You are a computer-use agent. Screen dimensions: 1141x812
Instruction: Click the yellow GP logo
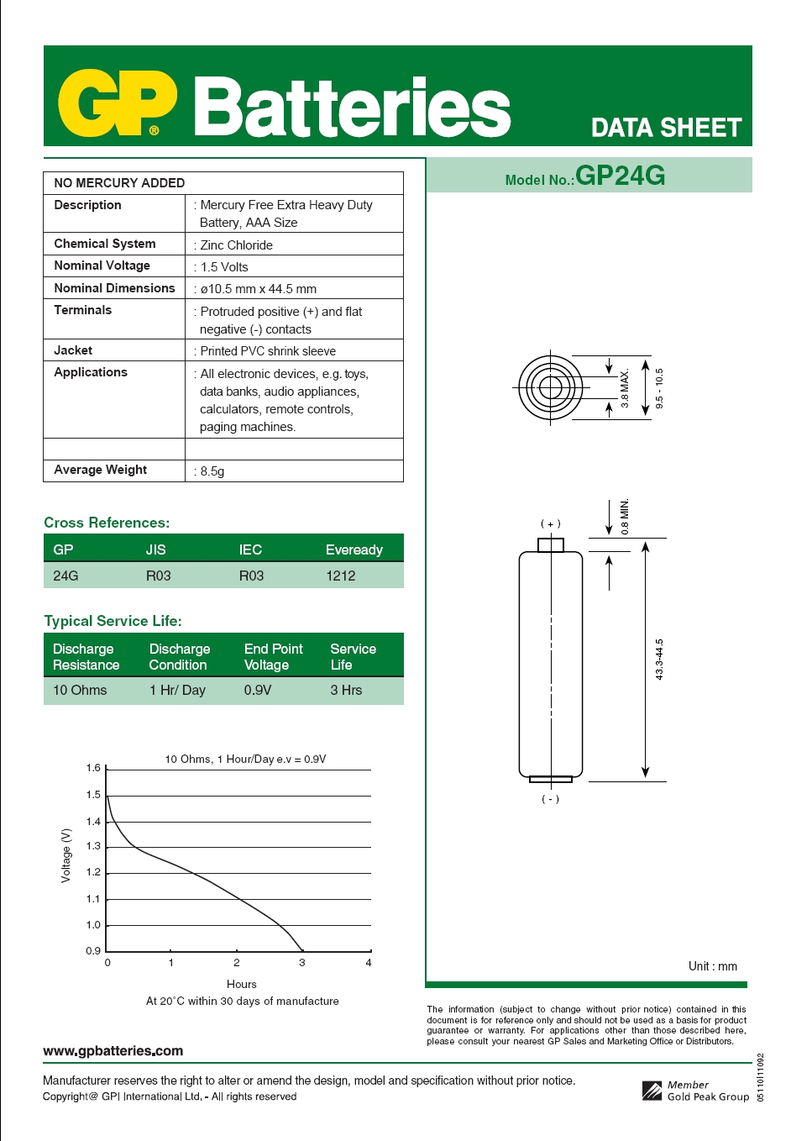[117, 103]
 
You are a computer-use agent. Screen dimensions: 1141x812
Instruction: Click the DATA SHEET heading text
[666, 128]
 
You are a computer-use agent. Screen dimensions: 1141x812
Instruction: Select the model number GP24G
[620, 176]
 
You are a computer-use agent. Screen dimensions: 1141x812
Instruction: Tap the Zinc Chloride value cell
[236, 245]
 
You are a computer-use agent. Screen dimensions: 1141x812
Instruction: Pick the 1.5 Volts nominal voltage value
[224, 267]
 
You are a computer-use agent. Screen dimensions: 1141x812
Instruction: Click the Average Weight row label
[100, 470]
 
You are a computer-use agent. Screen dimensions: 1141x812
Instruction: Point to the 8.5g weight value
[212, 471]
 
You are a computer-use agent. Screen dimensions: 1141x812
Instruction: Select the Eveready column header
[354, 549]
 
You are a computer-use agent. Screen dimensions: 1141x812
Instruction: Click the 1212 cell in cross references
[340, 576]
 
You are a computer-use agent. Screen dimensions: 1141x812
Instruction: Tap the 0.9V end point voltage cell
[257, 690]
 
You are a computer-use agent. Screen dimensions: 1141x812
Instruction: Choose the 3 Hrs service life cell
[346, 690]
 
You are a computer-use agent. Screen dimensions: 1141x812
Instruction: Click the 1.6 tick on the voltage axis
[93, 768]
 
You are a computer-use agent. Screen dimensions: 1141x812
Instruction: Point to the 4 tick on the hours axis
[369, 963]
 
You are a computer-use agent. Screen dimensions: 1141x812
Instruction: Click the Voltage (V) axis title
[66, 855]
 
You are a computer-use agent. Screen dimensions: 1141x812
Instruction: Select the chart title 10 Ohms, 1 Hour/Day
[245, 759]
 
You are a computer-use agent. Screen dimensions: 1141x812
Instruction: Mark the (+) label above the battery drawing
[550, 523]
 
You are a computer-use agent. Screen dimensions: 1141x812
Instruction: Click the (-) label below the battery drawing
[550, 799]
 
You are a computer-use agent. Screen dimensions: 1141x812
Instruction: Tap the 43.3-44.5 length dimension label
[659, 660]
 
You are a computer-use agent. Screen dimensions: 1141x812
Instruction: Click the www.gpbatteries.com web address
[113, 1050]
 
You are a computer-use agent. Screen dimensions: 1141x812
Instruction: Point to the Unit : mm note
[712, 966]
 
